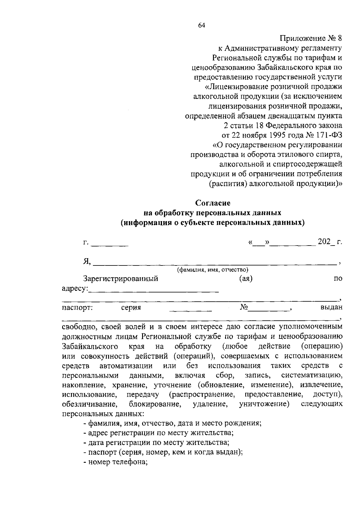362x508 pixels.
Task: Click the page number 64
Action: click(202, 26)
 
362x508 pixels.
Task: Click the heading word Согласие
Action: click(213, 203)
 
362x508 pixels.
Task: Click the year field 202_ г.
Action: click(330, 242)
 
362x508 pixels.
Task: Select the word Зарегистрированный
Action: click(121, 278)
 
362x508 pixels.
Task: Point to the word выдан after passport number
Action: click(331, 307)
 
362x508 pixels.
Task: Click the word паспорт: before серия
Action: click(77, 308)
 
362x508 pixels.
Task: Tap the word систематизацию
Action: click(312, 376)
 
